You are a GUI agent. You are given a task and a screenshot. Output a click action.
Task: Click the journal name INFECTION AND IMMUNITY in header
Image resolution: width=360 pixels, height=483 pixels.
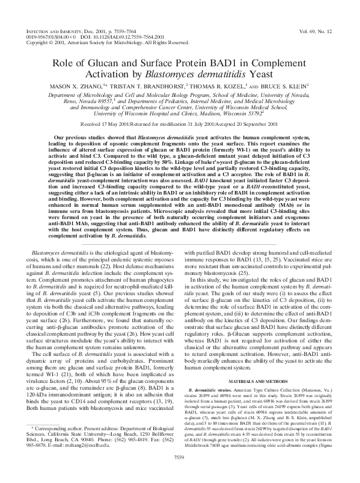click(x=42, y=29)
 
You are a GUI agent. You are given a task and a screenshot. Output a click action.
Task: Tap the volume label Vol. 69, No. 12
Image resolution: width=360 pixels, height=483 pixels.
click(x=323, y=29)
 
